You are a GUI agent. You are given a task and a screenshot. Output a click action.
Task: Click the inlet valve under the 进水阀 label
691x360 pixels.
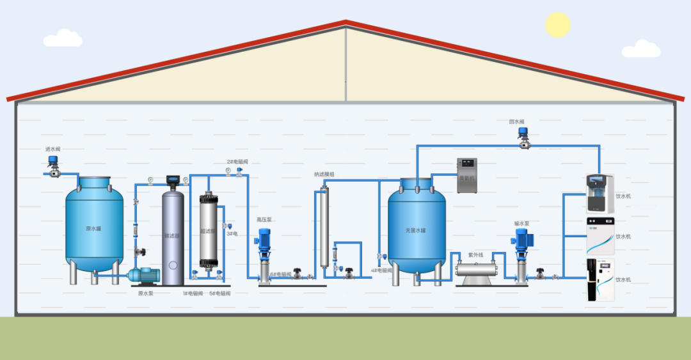(53, 168)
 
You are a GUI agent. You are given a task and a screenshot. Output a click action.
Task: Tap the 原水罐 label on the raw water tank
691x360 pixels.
(93, 228)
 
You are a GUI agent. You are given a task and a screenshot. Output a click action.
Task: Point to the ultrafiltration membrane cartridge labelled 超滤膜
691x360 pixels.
(208, 231)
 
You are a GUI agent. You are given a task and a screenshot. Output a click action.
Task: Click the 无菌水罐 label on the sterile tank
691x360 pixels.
(415, 230)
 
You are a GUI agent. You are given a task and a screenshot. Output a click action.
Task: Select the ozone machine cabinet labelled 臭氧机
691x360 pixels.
(467, 176)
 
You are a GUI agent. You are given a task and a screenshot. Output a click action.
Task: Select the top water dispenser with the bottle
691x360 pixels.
(600, 193)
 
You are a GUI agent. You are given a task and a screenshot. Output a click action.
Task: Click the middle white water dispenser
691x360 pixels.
(600, 236)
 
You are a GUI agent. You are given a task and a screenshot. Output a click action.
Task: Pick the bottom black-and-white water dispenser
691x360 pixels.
(600, 279)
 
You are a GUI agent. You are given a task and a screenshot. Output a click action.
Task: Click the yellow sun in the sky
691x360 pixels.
(557, 24)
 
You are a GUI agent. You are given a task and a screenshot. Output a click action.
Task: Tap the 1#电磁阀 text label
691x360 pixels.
(193, 293)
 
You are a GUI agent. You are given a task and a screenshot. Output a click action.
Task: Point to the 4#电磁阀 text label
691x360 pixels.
(384, 270)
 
